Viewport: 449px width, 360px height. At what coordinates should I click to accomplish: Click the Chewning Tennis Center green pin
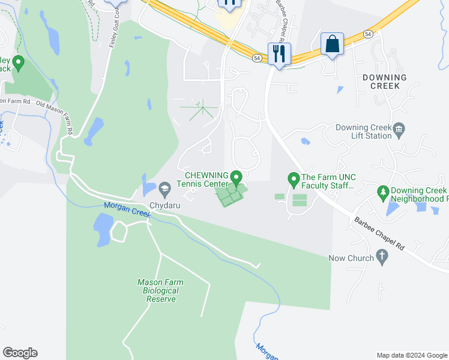237,178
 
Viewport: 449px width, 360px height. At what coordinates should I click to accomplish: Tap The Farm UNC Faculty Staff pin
294,178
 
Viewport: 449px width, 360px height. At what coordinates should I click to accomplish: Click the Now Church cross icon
381,257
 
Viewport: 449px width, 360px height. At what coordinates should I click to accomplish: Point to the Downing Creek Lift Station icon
400,128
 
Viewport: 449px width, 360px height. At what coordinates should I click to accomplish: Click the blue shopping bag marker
332,44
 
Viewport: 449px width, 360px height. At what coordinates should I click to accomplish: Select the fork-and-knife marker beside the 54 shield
279,54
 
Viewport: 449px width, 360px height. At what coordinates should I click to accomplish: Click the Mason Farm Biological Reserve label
160,290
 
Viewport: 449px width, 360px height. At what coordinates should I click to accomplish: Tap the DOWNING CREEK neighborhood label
384,82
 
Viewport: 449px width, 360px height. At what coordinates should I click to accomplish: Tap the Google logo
20,353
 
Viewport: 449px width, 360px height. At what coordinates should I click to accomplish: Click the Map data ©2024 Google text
412,355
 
